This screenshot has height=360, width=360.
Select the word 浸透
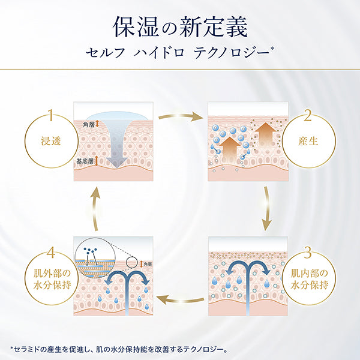click(51, 142)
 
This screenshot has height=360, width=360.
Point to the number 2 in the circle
click(307, 115)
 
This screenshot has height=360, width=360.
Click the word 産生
click(307, 142)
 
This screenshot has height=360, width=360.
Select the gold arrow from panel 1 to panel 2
click(180, 115)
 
